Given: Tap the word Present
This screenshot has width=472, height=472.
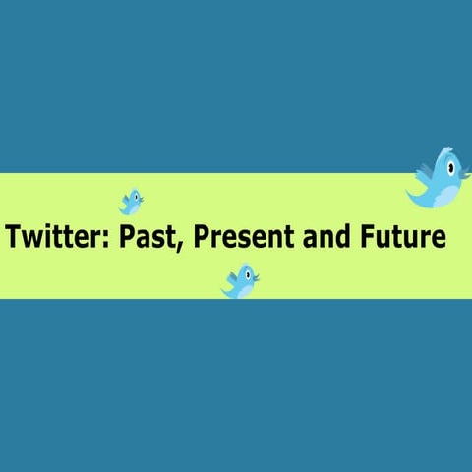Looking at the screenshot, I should tap(241, 238).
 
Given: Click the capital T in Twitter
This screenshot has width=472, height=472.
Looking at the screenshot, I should tap(14, 238).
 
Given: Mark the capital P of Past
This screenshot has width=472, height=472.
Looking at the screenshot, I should tap(129, 238).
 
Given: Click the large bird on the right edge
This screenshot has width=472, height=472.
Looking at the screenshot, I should tap(439, 179).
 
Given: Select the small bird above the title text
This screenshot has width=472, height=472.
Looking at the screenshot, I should tap(131, 202).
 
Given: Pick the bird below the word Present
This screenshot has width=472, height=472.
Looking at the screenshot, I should tap(240, 281).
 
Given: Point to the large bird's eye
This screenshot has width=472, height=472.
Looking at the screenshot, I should tap(450, 168).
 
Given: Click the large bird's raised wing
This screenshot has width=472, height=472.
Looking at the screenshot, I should tap(426, 173).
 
